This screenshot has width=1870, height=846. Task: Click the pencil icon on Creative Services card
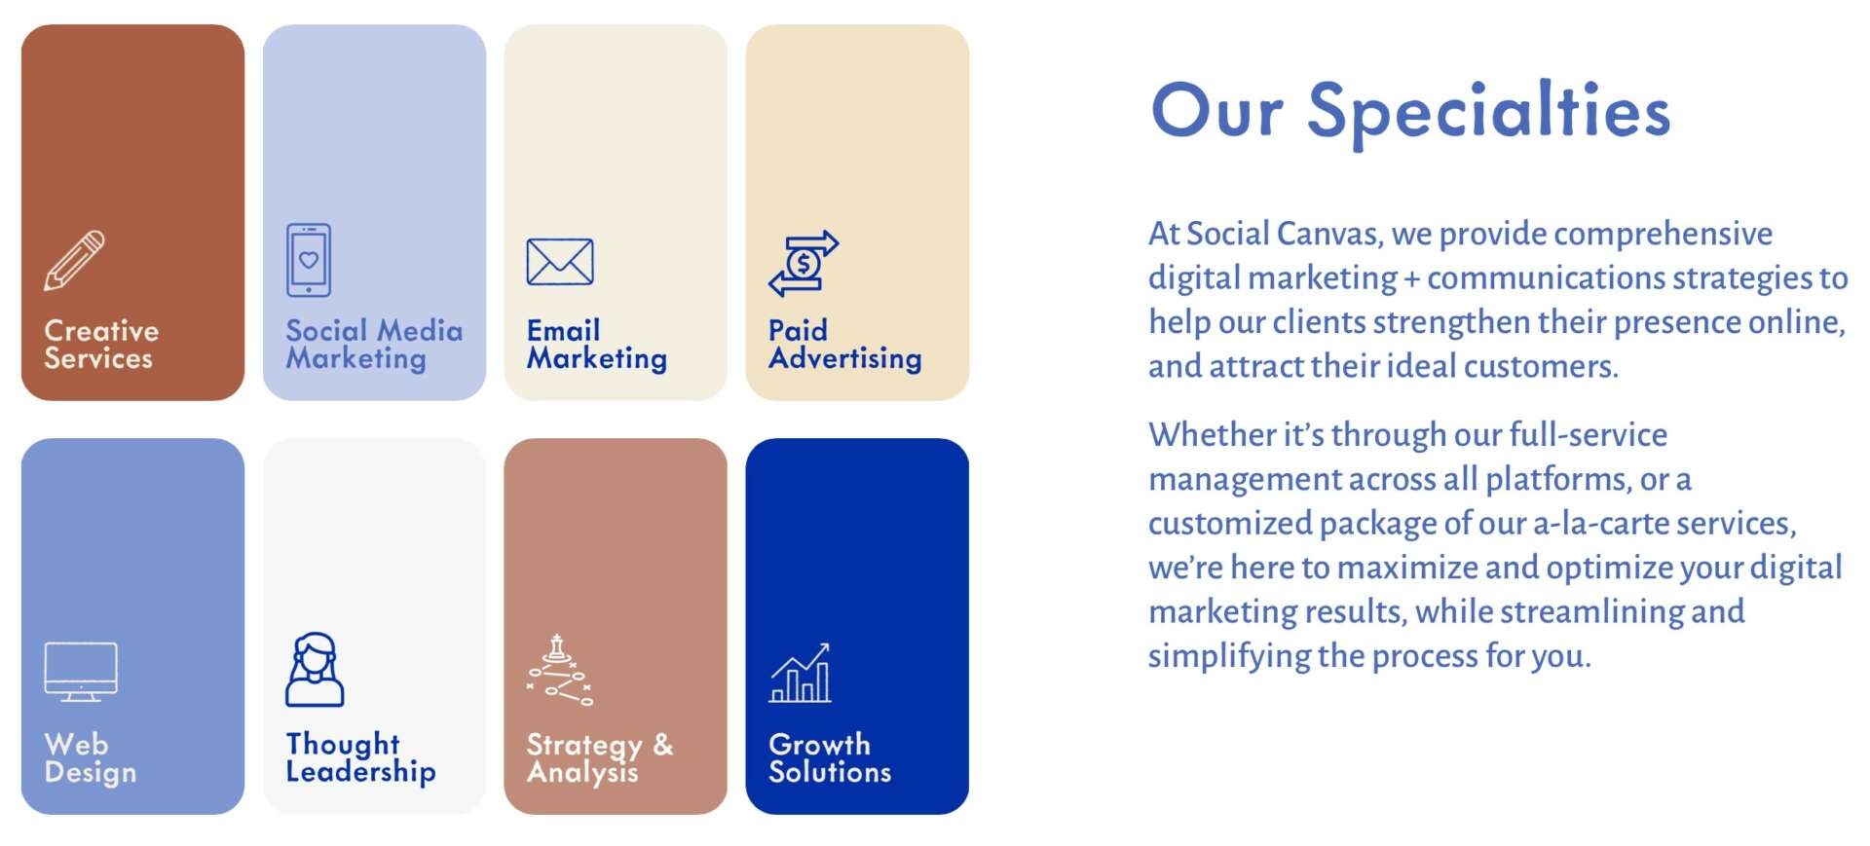(74, 260)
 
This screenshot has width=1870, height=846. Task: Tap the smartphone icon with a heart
(309, 260)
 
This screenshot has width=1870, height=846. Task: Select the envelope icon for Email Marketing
(560, 261)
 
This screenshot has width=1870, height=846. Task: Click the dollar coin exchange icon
(804, 263)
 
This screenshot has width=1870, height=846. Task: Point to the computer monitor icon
(81, 672)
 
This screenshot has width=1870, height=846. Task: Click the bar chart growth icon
(801, 673)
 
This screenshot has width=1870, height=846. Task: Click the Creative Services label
(101, 344)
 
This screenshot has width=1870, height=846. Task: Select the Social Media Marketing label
(374, 344)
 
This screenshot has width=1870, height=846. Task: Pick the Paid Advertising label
(844, 344)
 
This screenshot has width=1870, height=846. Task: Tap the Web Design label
(91, 757)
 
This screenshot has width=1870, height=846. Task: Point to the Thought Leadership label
(360, 757)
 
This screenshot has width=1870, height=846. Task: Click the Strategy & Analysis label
(600, 757)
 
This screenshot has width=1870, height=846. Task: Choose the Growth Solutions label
(830, 757)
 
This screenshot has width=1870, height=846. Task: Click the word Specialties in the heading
(1488, 113)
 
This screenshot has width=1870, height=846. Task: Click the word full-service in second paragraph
(1589, 435)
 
